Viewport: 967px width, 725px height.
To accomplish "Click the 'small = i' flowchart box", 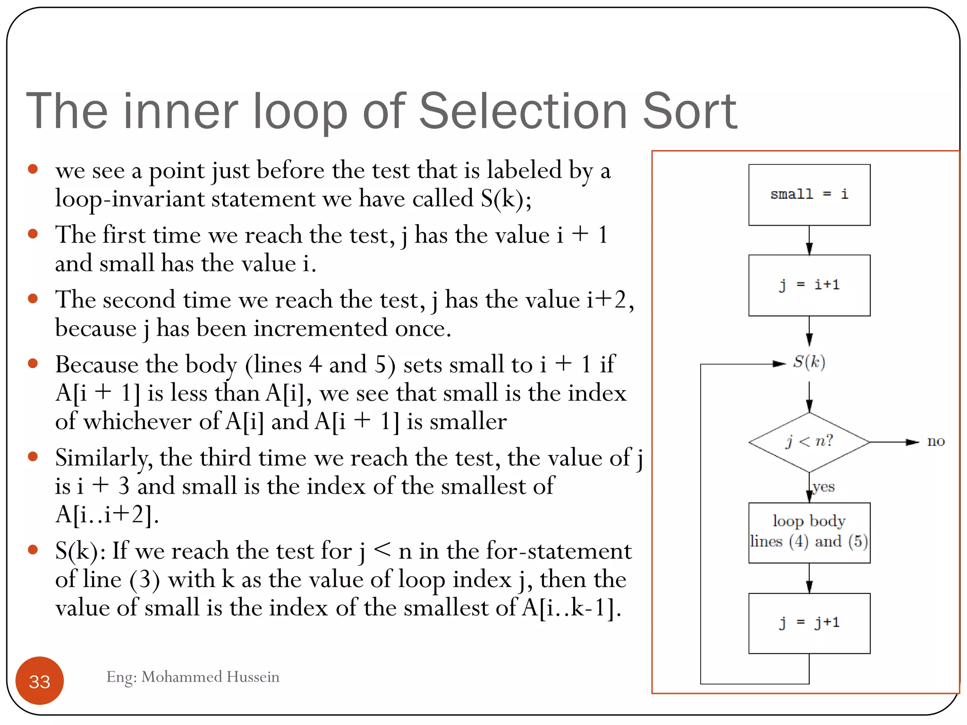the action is tap(809, 194).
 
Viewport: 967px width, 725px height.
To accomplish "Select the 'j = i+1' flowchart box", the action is tap(809, 285).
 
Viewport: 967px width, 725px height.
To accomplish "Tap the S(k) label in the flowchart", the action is tap(809, 362).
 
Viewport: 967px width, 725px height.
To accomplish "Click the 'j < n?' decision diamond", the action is tap(809, 442).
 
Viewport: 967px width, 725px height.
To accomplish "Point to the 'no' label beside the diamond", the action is tap(935, 442).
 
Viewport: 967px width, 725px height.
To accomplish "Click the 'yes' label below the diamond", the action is tap(824, 487).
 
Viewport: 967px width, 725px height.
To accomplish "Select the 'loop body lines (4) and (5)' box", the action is tap(809, 532).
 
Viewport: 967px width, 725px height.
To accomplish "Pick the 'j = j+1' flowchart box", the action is tap(809, 623).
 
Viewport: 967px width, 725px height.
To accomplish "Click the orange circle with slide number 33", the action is tap(40, 681).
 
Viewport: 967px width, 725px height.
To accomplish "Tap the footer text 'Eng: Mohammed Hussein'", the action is tap(193, 677).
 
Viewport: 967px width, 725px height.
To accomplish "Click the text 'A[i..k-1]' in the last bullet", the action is tap(570, 607).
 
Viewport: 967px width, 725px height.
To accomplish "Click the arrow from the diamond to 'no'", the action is tap(893, 442).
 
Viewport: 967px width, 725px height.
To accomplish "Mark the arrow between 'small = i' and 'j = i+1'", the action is tap(809, 240).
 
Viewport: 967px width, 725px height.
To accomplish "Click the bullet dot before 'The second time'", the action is tap(33, 298).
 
